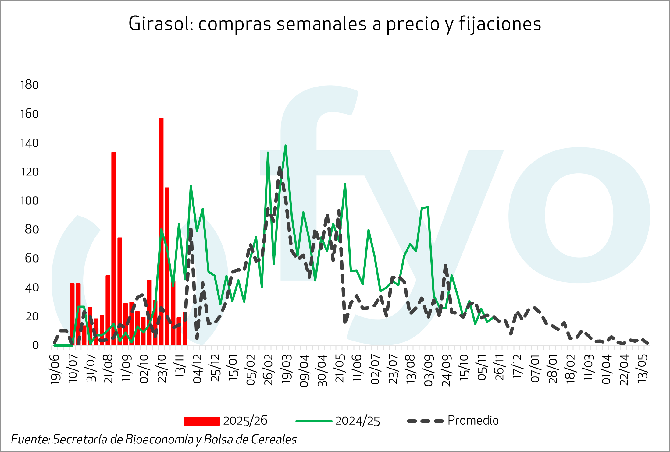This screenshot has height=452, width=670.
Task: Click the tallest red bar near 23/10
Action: point(161,231)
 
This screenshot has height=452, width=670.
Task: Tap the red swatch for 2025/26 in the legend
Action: point(201,421)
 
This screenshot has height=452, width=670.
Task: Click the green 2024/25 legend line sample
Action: point(314,421)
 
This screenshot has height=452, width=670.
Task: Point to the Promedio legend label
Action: point(473,421)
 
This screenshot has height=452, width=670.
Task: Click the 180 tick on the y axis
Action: point(30,85)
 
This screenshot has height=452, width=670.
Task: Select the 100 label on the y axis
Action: point(30,201)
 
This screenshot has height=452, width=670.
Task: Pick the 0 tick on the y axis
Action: point(35,345)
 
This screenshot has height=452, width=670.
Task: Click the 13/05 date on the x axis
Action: point(643,369)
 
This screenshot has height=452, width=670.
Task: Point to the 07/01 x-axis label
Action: point(536,369)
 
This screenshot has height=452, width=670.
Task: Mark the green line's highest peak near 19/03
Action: point(286,146)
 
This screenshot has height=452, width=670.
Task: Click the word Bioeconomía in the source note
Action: point(159,439)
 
